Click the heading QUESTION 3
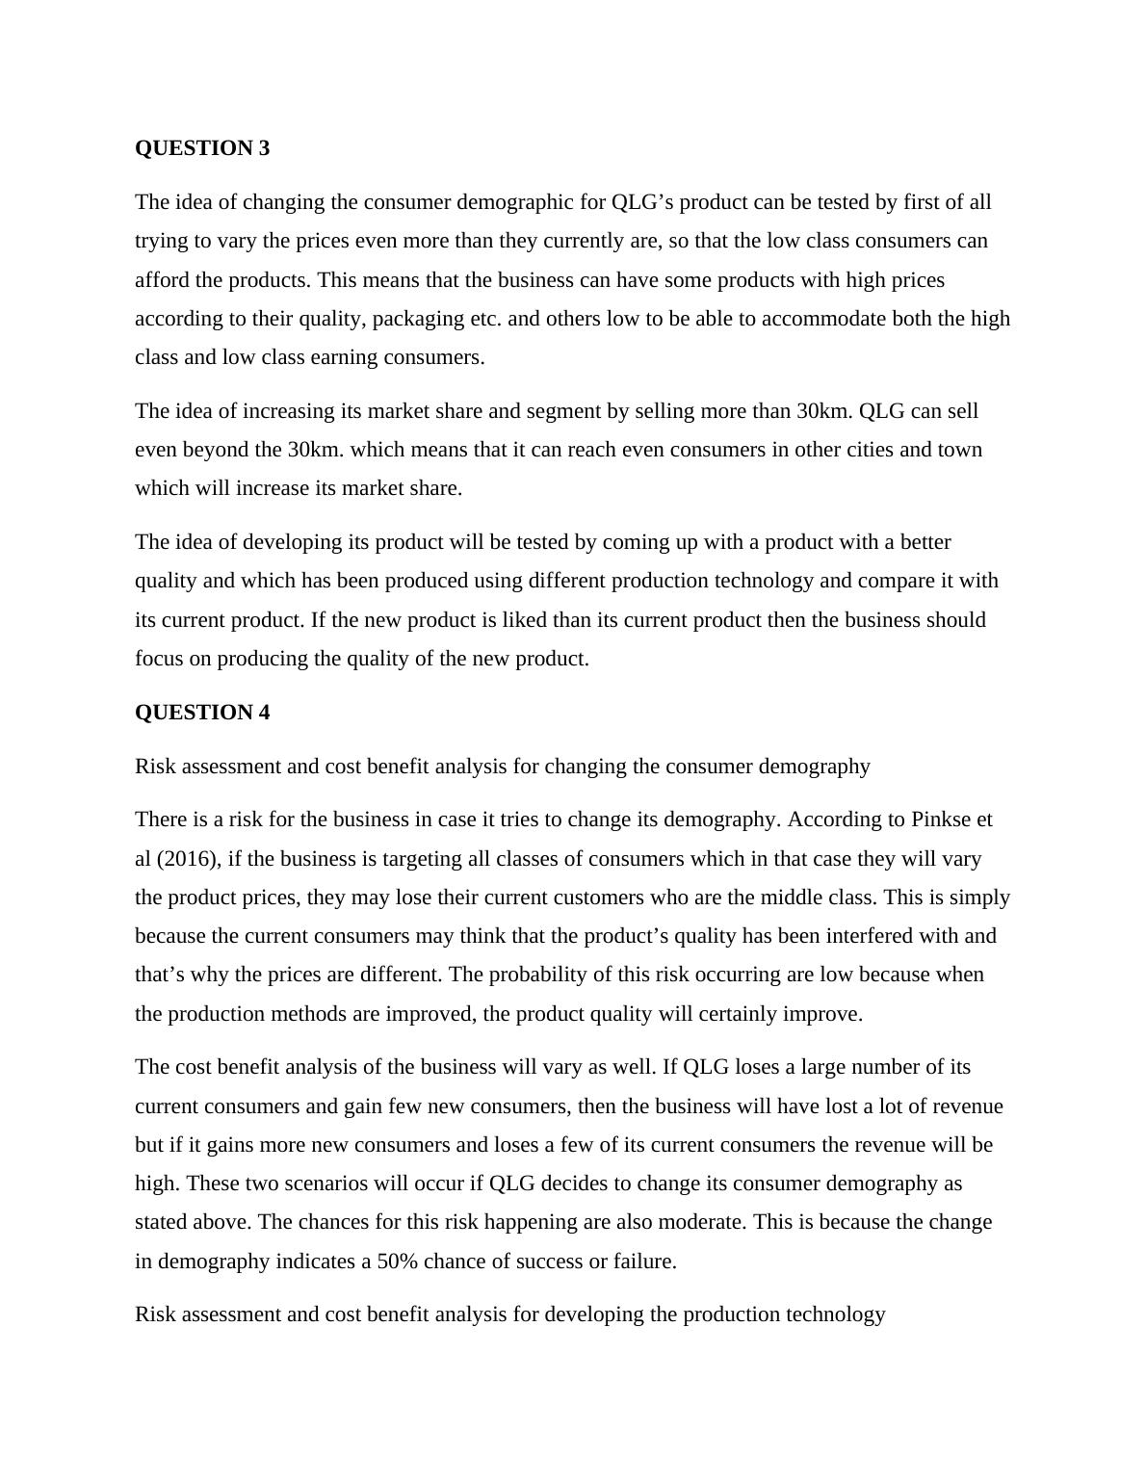[202, 148]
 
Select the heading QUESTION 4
[202, 713]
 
